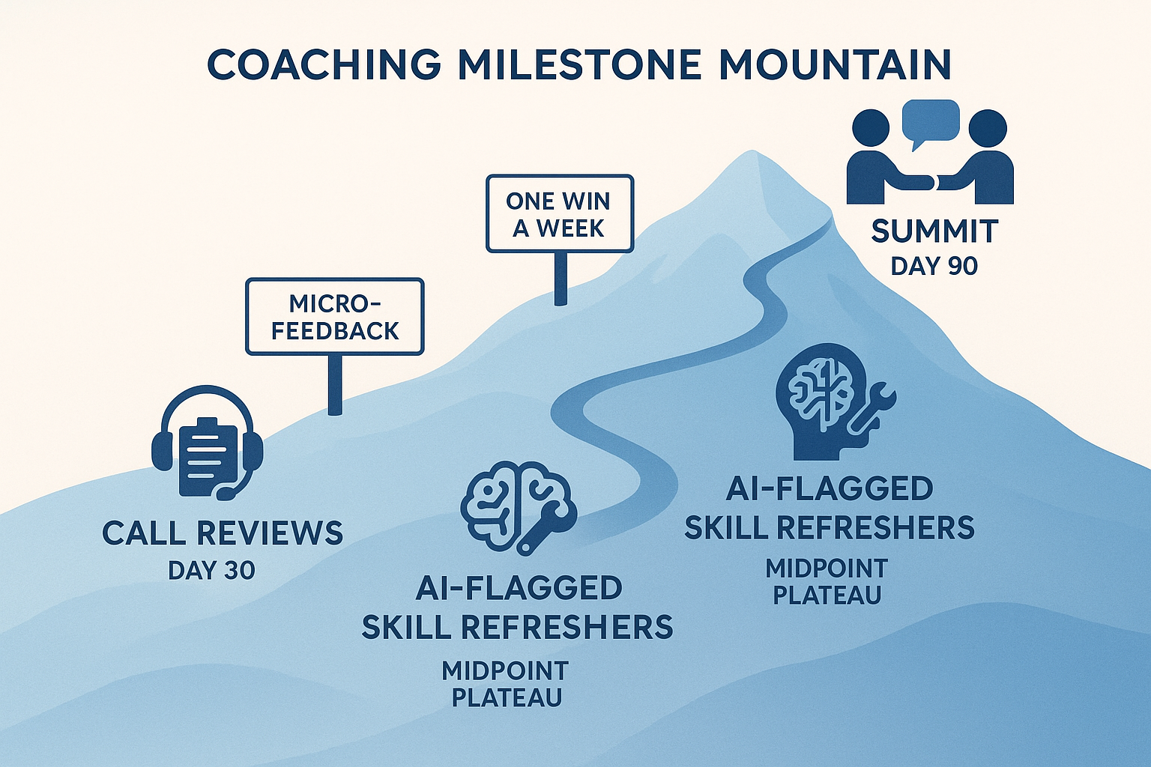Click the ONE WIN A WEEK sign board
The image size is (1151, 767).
point(559,213)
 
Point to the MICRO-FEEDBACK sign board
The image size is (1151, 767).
point(334,316)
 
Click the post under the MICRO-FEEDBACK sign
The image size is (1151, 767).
point(335,384)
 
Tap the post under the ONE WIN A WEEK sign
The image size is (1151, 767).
point(560,278)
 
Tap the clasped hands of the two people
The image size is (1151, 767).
point(930,182)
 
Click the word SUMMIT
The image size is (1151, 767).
point(934,231)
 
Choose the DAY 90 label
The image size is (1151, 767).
point(934,266)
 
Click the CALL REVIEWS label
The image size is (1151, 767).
point(222,533)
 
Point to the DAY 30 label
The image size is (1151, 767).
point(211,571)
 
